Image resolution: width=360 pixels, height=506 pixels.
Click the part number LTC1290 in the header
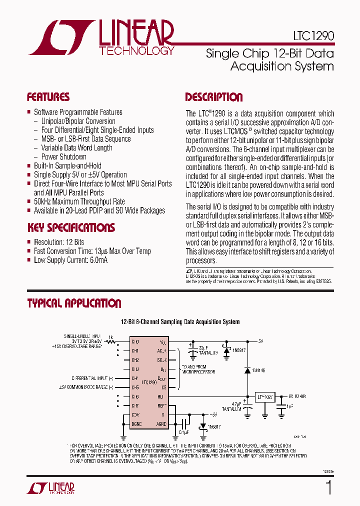pos(314,36)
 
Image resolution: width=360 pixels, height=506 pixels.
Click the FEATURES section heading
pos(48,97)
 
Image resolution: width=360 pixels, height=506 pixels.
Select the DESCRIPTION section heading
pos(213,97)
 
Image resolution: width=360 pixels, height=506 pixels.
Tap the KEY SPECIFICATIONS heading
pos(70,228)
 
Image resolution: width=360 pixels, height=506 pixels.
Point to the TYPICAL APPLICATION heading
pos(73,303)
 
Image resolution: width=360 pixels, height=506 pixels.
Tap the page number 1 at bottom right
pos(328,487)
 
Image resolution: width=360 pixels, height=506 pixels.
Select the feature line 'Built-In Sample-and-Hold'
pos(67,165)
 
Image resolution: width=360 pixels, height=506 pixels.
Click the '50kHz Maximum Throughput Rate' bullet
pos(79,201)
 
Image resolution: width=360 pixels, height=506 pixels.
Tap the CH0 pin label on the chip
pos(135,341)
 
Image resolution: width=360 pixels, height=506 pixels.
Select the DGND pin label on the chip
pos(136,424)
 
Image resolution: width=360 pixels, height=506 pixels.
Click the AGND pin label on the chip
pos(161,424)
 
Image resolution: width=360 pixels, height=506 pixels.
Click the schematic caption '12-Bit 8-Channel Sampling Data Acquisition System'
pos(180,322)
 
